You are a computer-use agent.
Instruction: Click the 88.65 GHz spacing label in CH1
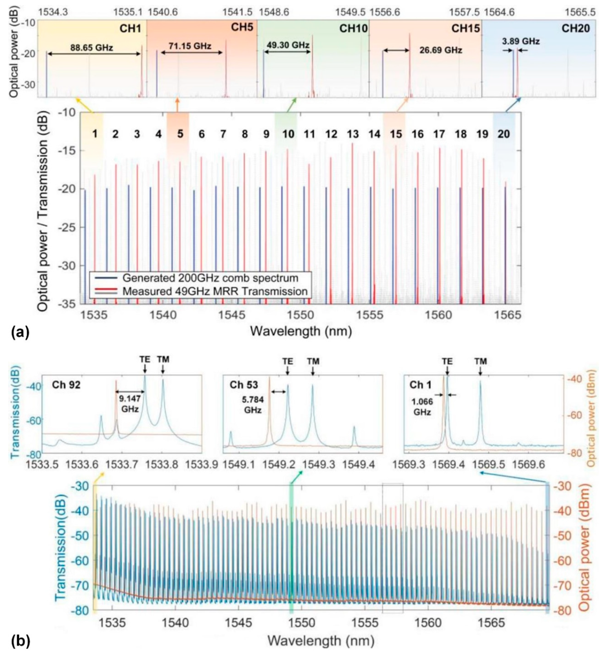click(92, 48)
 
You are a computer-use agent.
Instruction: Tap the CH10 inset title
click(353, 29)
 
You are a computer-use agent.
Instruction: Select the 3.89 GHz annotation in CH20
click(521, 42)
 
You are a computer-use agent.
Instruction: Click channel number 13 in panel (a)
click(353, 134)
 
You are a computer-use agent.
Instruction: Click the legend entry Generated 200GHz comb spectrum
click(210, 278)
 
